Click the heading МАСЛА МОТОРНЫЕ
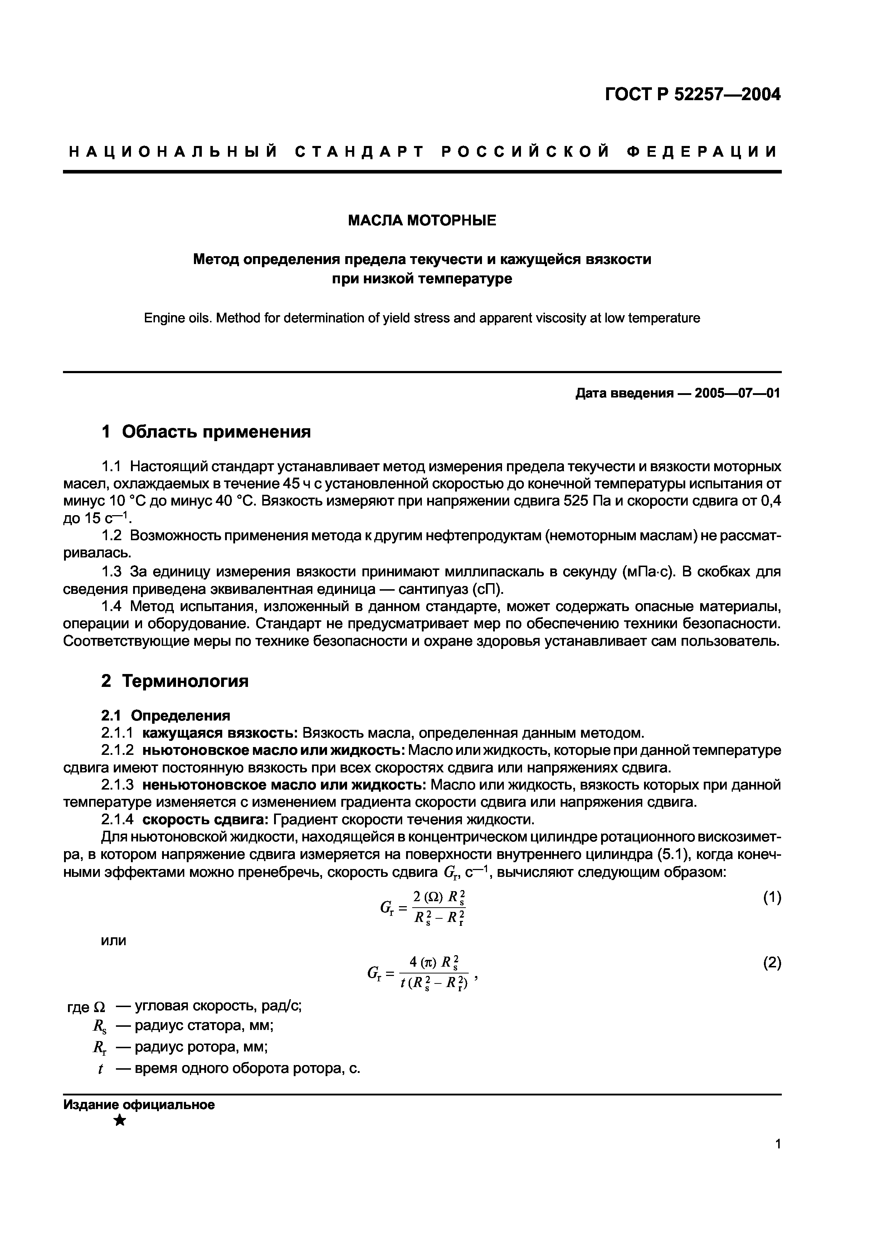422,220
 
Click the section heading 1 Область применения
206,432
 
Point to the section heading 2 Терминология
175,681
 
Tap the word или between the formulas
114,941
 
